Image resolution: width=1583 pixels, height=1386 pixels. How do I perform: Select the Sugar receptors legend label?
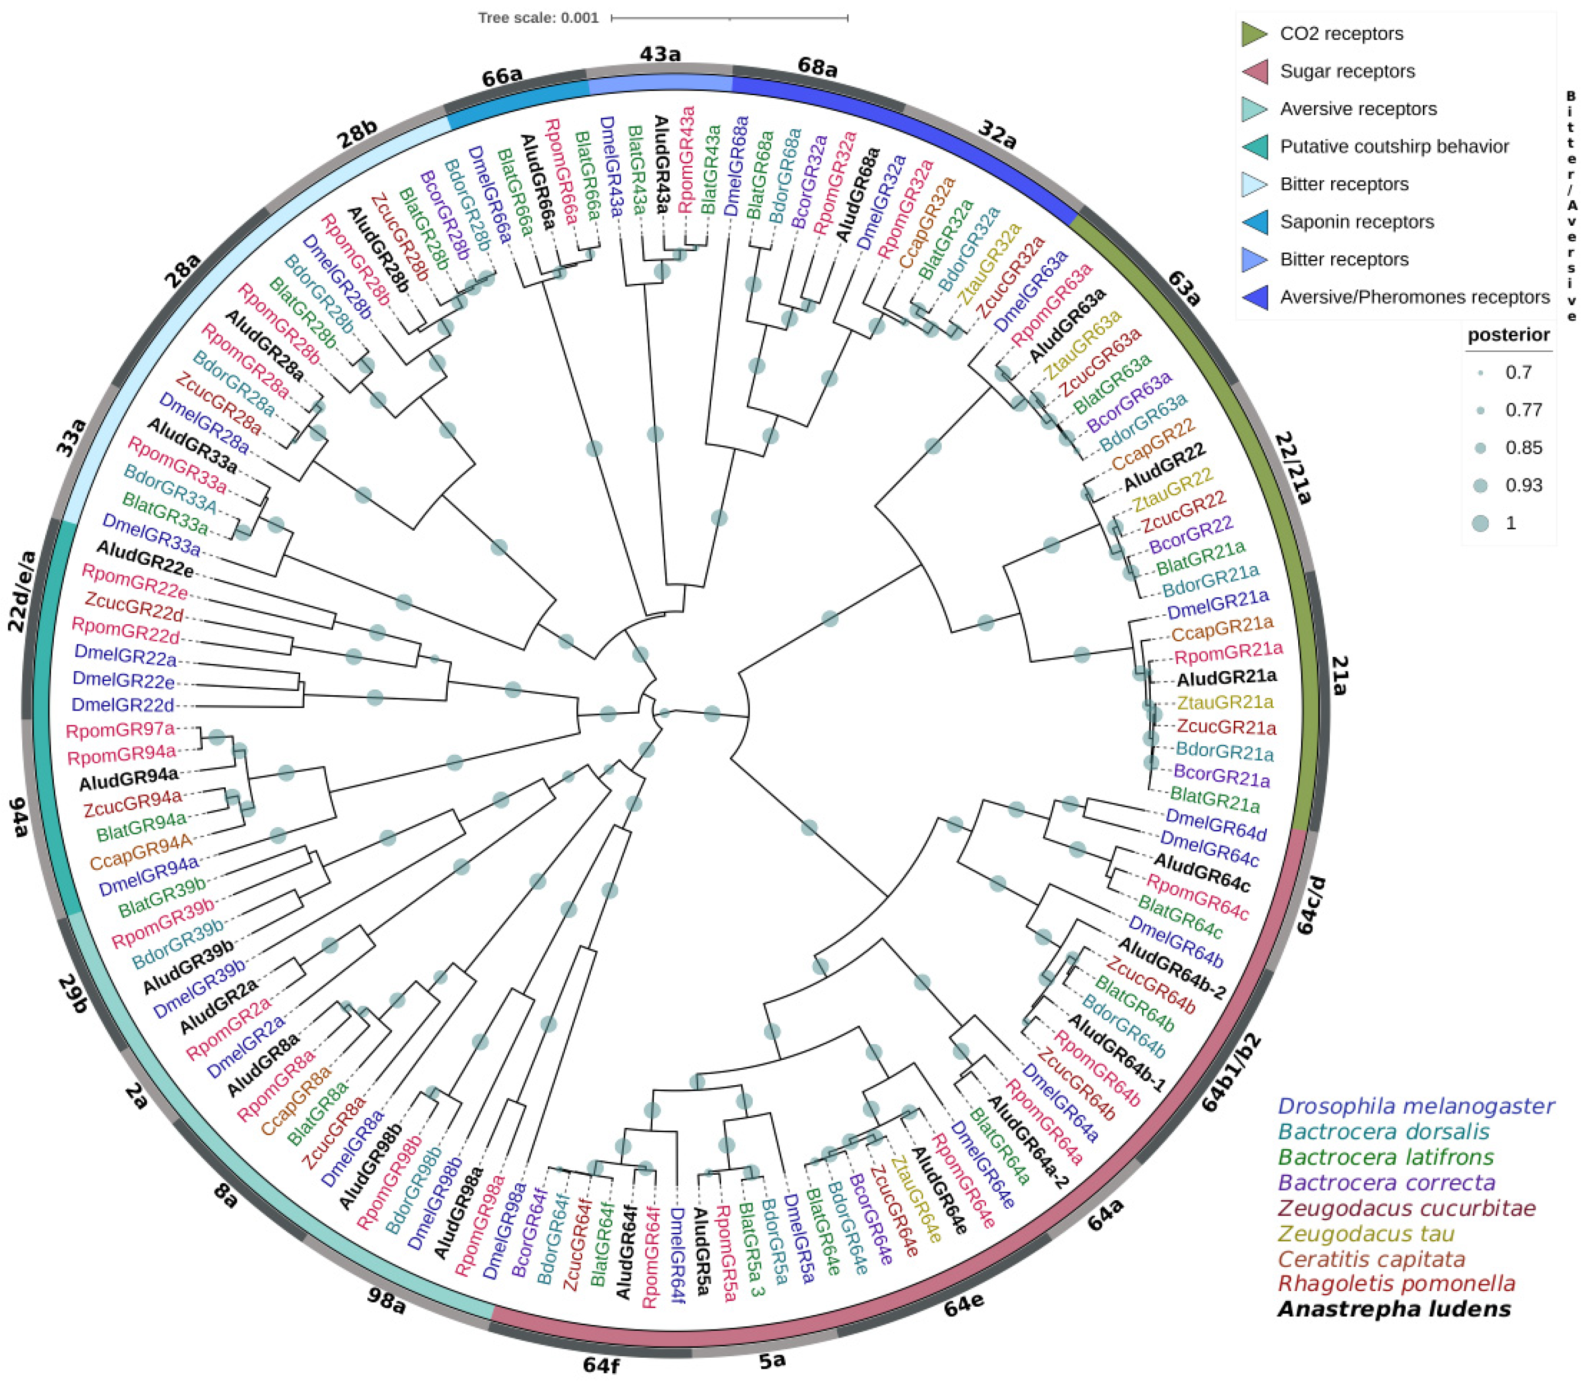[1347, 71]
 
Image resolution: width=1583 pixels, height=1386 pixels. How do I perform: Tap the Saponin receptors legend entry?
[1356, 222]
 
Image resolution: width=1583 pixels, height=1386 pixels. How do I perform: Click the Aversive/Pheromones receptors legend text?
[1414, 297]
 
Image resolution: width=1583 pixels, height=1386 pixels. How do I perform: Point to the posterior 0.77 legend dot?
[1480, 410]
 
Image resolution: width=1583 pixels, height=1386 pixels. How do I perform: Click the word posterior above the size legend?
[1508, 335]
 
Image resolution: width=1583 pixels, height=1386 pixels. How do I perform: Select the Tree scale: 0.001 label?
[538, 17]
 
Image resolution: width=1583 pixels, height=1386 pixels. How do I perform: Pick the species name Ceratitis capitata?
[1371, 1259]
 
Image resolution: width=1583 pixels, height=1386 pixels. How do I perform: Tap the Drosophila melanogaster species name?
[1416, 1106]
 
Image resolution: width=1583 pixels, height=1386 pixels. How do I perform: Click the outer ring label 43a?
[659, 54]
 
